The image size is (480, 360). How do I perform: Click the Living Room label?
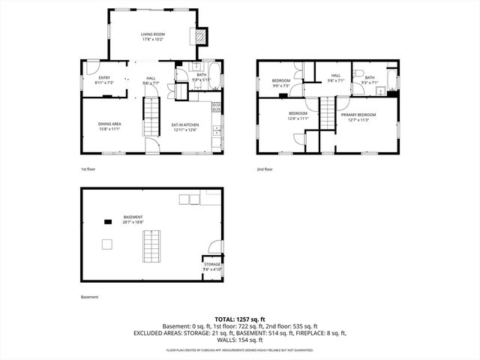click(153, 37)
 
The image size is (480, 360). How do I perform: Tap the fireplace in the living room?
click(200, 37)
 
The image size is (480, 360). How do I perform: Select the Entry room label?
click(103, 80)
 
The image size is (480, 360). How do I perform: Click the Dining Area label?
click(110, 127)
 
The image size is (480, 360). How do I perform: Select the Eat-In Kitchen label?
click(184, 127)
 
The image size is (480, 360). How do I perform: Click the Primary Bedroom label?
click(358, 116)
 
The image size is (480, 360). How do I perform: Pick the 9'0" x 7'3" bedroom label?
click(280, 82)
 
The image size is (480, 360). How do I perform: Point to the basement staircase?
click(153, 245)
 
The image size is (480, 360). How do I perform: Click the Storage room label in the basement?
click(212, 266)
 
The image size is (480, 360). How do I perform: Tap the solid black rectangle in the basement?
click(108, 221)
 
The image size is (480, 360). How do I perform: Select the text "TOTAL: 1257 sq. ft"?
click(240, 319)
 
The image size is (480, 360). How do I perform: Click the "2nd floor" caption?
click(265, 169)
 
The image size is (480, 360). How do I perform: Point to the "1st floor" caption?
click(88, 169)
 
